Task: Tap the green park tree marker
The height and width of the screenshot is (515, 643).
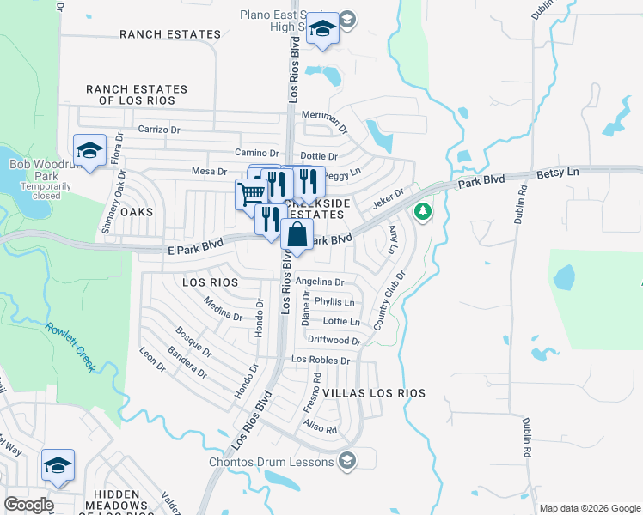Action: point(422,211)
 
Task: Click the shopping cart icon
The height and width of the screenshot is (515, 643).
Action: point(250,193)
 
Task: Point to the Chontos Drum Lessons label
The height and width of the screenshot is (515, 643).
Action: point(272,462)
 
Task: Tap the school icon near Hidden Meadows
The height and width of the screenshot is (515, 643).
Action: point(58,465)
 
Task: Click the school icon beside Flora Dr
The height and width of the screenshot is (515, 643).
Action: point(89,151)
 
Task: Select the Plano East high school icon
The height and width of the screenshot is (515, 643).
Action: point(323,29)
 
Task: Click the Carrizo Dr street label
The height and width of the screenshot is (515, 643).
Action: point(159,130)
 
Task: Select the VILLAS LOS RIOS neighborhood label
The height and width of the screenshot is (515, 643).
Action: point(374,392)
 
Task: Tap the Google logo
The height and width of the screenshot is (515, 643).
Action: point(28,505)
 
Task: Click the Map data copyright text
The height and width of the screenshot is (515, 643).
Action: point(589,508)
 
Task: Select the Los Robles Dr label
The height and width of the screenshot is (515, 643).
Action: point(321,360)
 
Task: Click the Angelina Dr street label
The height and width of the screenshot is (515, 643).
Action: point(319,282)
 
